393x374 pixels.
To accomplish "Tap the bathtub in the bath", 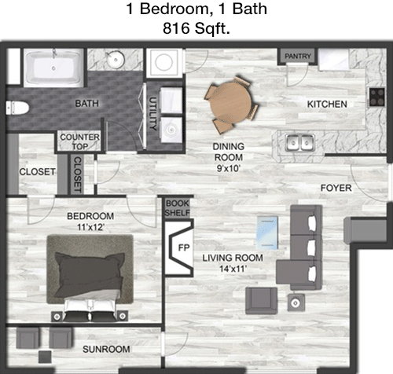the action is point(53,68).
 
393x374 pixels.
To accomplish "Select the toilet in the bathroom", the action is point(17,108).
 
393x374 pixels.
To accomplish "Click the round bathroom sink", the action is point(116,60).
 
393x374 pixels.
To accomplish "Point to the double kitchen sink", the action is point(299,143).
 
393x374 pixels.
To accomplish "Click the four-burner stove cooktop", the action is point(377,97).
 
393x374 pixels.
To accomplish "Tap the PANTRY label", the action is point(298,56).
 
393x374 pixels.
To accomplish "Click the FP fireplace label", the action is point(184,247).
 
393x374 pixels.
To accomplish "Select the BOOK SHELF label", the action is point(178,208).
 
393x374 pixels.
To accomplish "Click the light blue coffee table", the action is point(267,233).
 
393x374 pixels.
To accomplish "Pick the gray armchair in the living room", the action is point(261,300).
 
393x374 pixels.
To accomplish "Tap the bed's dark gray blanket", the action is point(89,273).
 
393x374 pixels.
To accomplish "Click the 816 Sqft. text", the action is point(196,28).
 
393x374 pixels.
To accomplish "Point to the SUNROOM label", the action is point(106,349).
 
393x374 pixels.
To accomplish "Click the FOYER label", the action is point(336,188).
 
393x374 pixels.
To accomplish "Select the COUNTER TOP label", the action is point(80,141).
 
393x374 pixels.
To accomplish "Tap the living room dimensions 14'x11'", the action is point(232,269).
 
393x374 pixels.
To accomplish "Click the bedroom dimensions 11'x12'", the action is point(90,227).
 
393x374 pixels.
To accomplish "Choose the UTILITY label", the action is point(152,114).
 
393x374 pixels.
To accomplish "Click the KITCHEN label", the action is point(327,104).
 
